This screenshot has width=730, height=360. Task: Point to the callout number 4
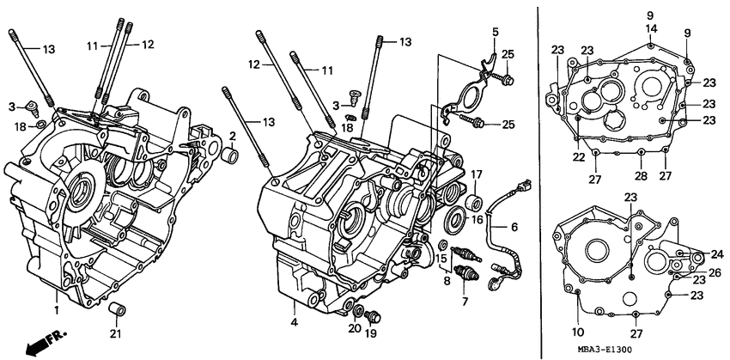click(x=294, y=322)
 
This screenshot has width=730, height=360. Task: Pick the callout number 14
click(x=651, y=28)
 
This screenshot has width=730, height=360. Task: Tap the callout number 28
click(x=641, y=176)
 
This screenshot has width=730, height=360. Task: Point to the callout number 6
click(x=514, y=227)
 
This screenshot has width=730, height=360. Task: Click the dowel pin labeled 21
click(x=118, y=309)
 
